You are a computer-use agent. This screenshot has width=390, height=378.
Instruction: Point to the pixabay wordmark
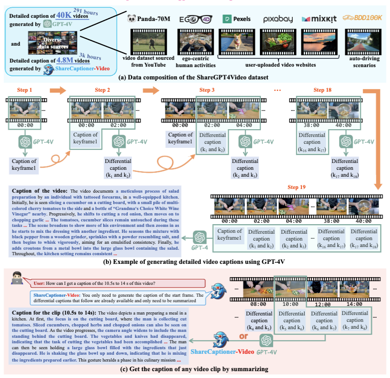tap(278, 19)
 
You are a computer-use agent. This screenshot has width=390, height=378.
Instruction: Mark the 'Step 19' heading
tap(297, 188)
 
